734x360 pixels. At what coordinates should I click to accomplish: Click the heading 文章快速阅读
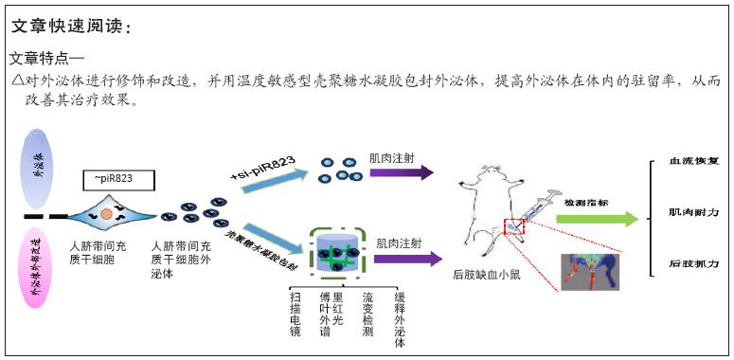(x=68, y=27)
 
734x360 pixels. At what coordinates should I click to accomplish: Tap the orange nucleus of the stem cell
(x=107, y=215)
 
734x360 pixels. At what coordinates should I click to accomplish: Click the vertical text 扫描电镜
(x=295, y=314)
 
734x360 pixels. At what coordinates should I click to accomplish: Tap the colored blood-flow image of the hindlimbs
(x=588, y=272)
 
